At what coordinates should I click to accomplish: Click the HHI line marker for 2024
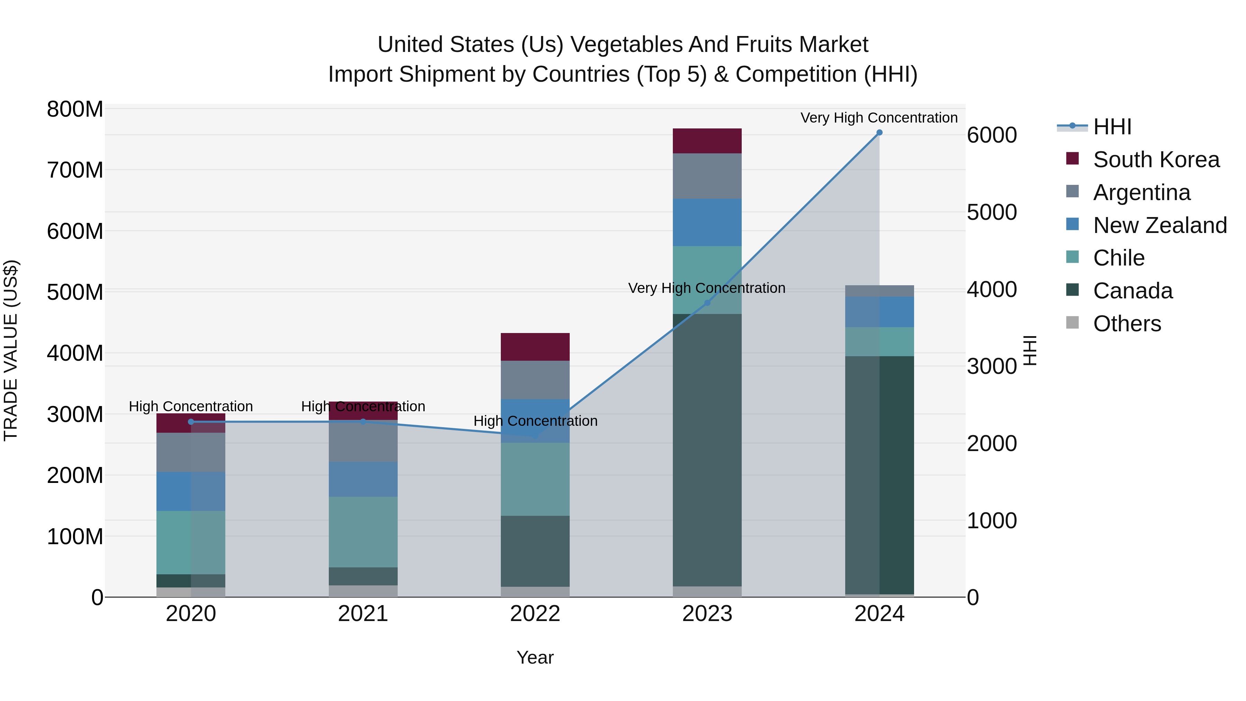click(879, 133)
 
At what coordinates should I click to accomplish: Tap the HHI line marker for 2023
click(707, 303)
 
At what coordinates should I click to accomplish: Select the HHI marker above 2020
click(191, 422)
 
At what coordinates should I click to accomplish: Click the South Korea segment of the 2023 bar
click(707, 141)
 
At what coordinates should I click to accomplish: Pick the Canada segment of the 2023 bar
click(707, 450)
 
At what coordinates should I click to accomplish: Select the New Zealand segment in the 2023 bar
click(707, 223)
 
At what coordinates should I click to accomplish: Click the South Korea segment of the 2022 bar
click(535, 347)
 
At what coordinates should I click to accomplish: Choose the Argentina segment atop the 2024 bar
click(879, 291)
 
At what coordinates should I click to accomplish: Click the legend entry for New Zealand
click(1159, 225)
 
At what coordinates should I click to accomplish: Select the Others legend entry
click(1127, 324)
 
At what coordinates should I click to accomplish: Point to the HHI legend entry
click(1111, 127)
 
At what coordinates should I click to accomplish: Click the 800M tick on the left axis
click(75, 109)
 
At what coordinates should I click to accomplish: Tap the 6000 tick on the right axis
click(992, 135)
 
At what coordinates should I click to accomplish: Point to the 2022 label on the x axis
click(535, 614)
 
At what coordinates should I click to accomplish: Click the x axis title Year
click(535, 657)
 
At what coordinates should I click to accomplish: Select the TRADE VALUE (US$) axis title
click(11, 350)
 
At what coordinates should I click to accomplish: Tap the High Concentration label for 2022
click(535, 421)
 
